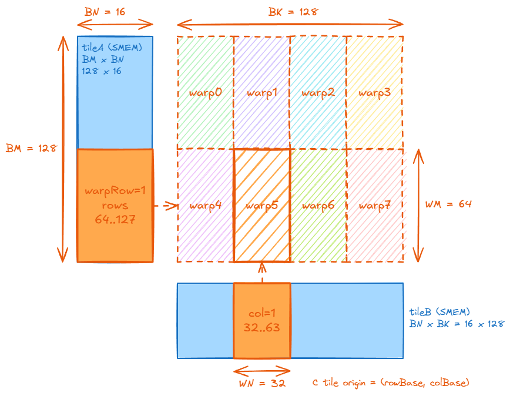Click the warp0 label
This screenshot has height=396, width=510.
(x=205, y=93)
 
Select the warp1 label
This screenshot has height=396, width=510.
(x=262, y=93)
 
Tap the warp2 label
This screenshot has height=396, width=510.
(x=318, y=93)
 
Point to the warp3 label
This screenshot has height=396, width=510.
(x=374, y=93)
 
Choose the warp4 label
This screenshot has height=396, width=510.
(x=206, y=206)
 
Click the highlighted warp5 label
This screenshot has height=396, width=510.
(x=262, y=206)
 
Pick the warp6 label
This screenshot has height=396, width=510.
(x=318, y=206)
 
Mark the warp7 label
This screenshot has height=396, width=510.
(x=374, y=206)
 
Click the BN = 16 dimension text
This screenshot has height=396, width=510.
(x=105, y=12)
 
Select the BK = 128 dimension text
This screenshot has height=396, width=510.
(x=293, y=12)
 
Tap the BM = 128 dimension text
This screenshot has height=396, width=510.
(x=32, y=148)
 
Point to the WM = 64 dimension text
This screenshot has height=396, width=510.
(x=448, y=204)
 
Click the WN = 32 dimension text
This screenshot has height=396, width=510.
(x=262, y=383)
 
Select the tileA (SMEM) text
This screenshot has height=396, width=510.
(x=112, y=48)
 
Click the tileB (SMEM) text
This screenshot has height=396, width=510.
(x=439, y=312)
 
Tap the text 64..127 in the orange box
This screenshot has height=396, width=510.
(x=115, y=220)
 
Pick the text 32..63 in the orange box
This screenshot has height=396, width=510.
(x=262, y=327)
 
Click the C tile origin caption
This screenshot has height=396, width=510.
(x=391, y=383)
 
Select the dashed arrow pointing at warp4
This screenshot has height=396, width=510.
(x=166, y=206)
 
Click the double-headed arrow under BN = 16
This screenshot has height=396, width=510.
(x=115, y=25)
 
